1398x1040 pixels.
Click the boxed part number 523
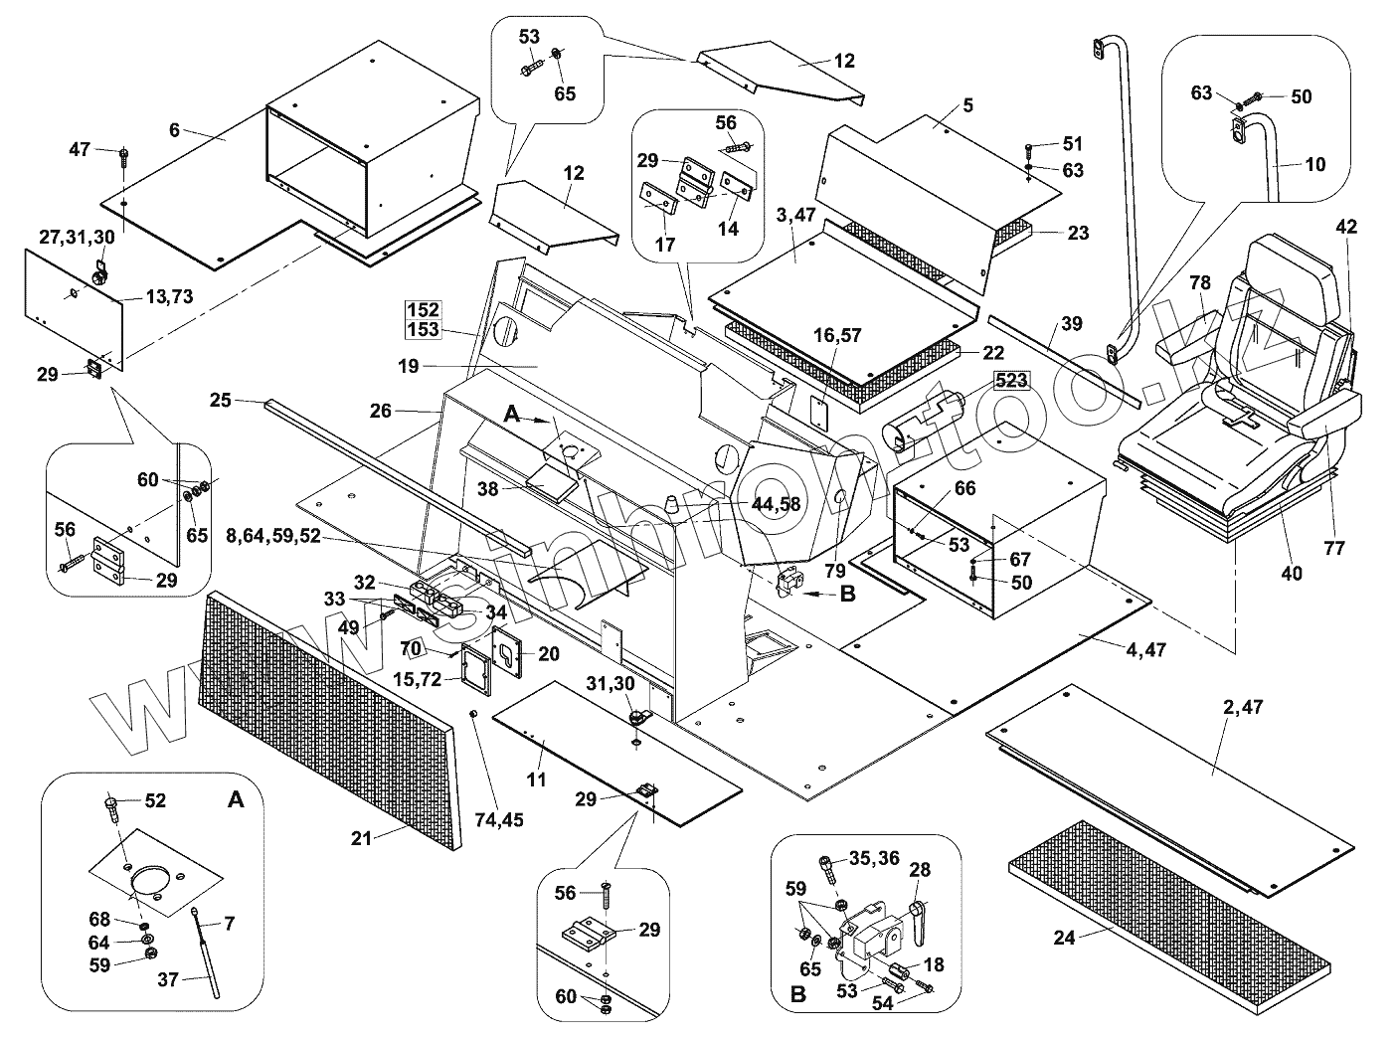click(1009, 380)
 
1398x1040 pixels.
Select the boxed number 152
click(422, 310)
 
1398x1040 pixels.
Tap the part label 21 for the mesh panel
click(361, 838)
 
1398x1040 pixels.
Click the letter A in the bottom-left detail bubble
click(234, 800)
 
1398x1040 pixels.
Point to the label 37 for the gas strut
click(167, 979)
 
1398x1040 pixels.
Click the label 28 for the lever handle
click(920, 871)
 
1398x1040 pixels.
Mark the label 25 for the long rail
click(221, 401)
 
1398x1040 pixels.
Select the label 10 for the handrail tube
click(1314, 165)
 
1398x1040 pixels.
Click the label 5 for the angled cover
click(968, 105)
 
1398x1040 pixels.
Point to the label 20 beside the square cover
click(549, 653)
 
